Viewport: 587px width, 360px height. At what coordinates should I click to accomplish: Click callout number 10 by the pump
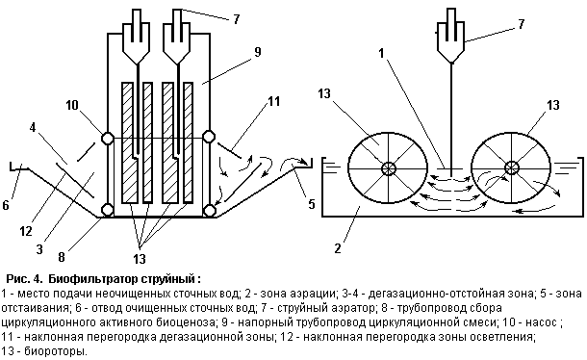[72, 105]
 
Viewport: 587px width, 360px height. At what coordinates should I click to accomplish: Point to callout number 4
[33, 127]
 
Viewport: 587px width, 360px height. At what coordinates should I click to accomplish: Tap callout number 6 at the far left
[6, 205]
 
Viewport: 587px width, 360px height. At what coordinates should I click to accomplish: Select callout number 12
[26, 231]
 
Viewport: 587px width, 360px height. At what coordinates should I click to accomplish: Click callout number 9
[258, 52]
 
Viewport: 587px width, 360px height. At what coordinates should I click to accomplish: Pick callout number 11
[274, 101]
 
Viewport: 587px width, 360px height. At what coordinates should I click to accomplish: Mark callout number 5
[312, 204]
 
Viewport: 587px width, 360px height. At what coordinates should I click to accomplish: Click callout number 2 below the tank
[338, 248]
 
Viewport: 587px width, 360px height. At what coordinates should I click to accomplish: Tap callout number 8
[62, 257]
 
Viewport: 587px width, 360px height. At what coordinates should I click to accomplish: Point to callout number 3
[39, 249]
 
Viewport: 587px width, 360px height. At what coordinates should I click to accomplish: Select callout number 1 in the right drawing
[381, 53]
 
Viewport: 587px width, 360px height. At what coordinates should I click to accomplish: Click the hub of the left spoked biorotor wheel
[388, 168]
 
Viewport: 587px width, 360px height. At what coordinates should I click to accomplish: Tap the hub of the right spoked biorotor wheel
[511, 167]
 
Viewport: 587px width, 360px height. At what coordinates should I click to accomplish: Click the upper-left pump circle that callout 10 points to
[108, 139]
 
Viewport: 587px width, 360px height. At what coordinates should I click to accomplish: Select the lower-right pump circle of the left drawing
[209, 210]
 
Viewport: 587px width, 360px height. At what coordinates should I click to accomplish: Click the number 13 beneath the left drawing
[140, 259]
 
